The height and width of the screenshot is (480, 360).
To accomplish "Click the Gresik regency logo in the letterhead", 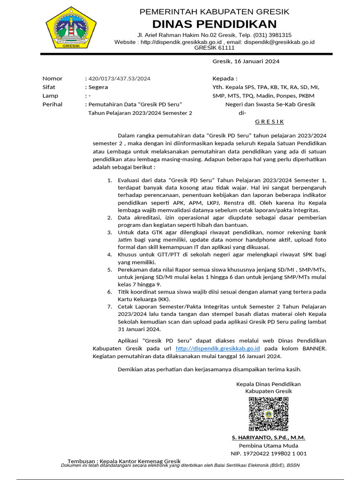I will [71, 28].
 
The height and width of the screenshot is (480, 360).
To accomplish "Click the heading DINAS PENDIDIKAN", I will [214, 24].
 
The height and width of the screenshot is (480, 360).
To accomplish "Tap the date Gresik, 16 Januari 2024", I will [246, 61].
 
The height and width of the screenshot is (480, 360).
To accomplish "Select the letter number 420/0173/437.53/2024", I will [119, 78].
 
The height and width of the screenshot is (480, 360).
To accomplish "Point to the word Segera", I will [97, 87].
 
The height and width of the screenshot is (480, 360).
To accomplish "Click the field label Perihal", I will [52, 104].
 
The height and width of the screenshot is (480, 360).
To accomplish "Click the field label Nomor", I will [52, 78].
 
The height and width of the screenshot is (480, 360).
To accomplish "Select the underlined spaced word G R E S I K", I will [269, 121].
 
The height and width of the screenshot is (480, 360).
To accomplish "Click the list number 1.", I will [110, 180].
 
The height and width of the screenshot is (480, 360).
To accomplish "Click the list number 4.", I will [110, 255].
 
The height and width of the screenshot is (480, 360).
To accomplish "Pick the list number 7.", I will [110, 307].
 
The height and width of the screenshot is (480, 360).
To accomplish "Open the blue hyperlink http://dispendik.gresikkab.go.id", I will [217, 349].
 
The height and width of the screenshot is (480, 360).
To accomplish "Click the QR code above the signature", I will [269, 413].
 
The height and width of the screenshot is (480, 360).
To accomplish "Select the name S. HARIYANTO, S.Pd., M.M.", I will [268, 437].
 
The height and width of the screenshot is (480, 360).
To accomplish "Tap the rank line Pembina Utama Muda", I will [268, 445].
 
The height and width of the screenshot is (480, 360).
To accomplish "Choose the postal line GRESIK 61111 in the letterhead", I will [214, 48].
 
